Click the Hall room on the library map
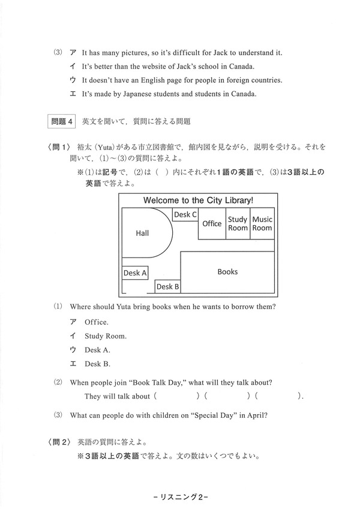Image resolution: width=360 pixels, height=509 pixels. coord(142,233)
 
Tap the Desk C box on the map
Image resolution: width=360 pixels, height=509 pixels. coord(185,214)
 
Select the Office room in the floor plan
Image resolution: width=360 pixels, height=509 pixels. coord(212,224)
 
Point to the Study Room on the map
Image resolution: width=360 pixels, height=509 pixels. coord(238,224)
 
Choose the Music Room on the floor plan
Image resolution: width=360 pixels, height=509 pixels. coord(262,224)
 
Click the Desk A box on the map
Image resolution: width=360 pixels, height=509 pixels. coord(135,273)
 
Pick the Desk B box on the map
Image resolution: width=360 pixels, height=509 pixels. coord(168,287)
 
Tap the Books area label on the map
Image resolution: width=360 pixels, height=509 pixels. coord(227,272)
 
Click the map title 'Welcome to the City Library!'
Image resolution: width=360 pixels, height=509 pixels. coord(198,200)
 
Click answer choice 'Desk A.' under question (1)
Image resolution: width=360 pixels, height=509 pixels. coord(98,350)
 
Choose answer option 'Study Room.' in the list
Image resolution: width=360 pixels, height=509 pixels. coord(106,336)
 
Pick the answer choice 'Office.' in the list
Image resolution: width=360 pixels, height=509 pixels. coord(97,322)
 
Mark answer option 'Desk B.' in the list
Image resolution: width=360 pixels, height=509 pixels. coord(98,364)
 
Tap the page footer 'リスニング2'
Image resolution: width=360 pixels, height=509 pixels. coord(180,496)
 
